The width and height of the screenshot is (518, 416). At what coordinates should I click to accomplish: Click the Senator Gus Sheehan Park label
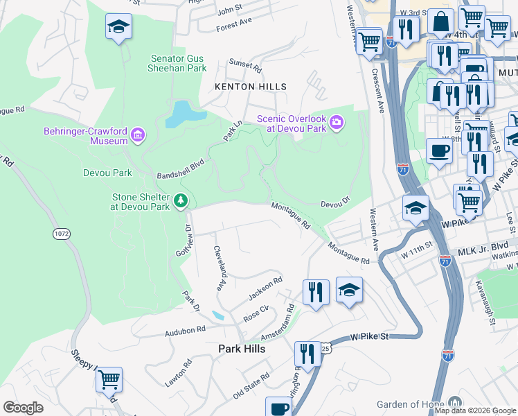click(177, 64)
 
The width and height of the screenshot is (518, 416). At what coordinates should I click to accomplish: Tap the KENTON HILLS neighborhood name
click(250, 87)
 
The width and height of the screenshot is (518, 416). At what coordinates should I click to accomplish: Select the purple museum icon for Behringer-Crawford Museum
click(138, 135)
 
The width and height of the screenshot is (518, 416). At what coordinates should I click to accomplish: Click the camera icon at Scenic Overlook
click(337, 123)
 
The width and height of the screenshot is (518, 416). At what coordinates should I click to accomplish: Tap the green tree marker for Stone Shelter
click(181, 201)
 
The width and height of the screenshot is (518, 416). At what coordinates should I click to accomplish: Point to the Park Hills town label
click(242, 349)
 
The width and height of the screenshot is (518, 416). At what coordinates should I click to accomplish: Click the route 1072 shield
click(62, 234)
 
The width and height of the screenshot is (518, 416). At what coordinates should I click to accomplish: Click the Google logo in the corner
click(23, 407)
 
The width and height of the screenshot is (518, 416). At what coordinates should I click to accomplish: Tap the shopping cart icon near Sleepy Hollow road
click(109, 379)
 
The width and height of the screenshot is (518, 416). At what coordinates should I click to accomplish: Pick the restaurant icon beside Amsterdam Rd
click(316, 291)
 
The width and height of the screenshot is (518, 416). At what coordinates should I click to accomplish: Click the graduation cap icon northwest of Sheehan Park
click(118, 27)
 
